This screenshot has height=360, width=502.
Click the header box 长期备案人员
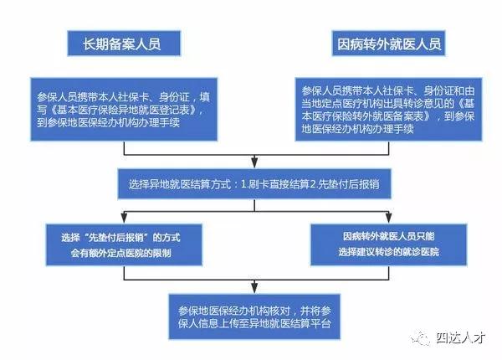click(124, 44)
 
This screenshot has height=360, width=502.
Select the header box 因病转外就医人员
click(388, 44)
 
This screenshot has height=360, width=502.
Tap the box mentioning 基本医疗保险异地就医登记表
click(124, 109)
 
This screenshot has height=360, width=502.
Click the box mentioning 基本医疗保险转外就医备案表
click(388, 109)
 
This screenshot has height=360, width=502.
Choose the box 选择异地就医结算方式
click(254, 184)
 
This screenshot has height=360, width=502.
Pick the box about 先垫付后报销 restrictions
click(124, 245)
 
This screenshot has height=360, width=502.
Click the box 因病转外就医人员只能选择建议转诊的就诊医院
click(389, 245)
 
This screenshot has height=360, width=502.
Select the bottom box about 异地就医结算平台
click(254, 316)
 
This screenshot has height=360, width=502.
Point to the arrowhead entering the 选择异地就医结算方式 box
click(254, 162)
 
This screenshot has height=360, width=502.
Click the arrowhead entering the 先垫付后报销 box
click(124, 218)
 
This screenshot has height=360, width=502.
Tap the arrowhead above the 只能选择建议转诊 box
click(389, 218)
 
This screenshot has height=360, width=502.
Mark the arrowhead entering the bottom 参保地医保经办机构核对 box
click(254, 288)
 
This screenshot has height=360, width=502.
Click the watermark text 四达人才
click(461, 338)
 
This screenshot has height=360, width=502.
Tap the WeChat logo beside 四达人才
click(421, 338)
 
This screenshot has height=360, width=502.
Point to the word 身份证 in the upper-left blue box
click(175, 97)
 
